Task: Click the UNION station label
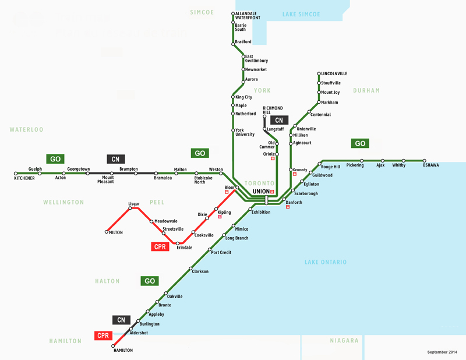coord(261,191)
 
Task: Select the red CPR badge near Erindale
coord(160,247)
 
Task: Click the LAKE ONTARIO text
coord(326,262)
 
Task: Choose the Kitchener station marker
coord(16,174)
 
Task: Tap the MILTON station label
coord(116,232)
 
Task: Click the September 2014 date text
coord(442,352)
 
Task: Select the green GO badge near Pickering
coord(360,143)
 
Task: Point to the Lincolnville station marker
coord(319,74)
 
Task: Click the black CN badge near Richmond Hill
coord(278,120)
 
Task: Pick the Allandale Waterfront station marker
coord(233,13)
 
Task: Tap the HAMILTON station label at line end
coord(123,350)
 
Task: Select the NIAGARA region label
coord(344,340)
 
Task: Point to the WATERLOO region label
coord(26,129)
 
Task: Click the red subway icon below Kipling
coord(220,217)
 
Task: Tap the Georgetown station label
coord(79,169)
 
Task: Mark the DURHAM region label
coord(366,90)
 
